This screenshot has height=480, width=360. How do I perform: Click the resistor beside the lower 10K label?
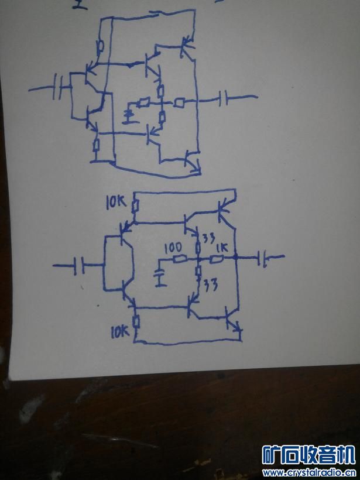click(135, 322)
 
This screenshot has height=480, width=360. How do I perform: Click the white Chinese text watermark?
click(308, 454)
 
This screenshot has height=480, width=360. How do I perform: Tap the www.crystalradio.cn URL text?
click(308, 472)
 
